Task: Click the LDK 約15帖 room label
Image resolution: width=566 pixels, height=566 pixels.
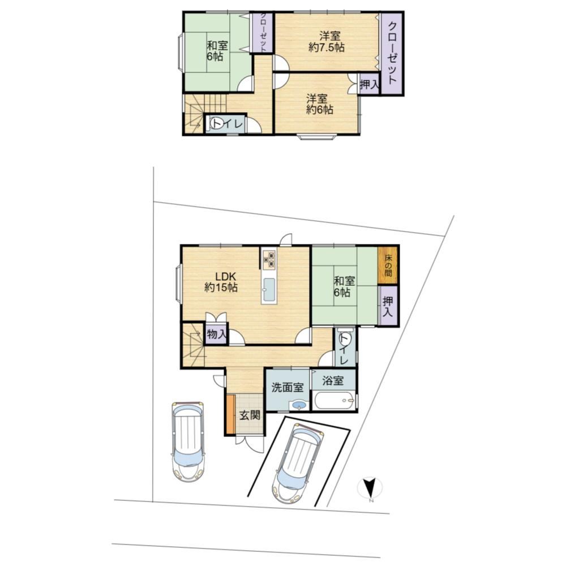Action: [221, 282]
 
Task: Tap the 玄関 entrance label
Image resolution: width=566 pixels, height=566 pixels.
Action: [250, 415]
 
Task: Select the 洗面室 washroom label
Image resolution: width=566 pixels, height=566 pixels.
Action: [288, 387]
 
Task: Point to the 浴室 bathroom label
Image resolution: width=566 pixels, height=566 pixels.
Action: [333, 380]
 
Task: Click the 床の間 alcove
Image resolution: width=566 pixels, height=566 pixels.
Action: [388, 265]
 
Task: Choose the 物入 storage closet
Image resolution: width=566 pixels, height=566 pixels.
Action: [216, 335]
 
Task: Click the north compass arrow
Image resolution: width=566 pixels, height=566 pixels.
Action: [370, 487]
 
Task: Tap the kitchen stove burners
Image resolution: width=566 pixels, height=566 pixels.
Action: [269, 260]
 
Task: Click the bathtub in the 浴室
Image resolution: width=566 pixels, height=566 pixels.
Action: [335, 400]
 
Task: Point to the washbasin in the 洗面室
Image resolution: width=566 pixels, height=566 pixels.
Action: [298, 405]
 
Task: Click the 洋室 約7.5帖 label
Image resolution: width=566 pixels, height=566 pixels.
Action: [327, 41]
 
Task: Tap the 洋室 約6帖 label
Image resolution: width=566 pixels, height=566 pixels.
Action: [319, 104]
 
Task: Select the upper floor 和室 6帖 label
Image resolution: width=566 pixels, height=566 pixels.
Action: [217, 51]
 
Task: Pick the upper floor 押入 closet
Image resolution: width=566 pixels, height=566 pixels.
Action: [369, 84]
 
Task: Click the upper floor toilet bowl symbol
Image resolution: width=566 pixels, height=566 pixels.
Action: [218, 123]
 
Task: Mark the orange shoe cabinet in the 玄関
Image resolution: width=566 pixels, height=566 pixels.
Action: [230, 414]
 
